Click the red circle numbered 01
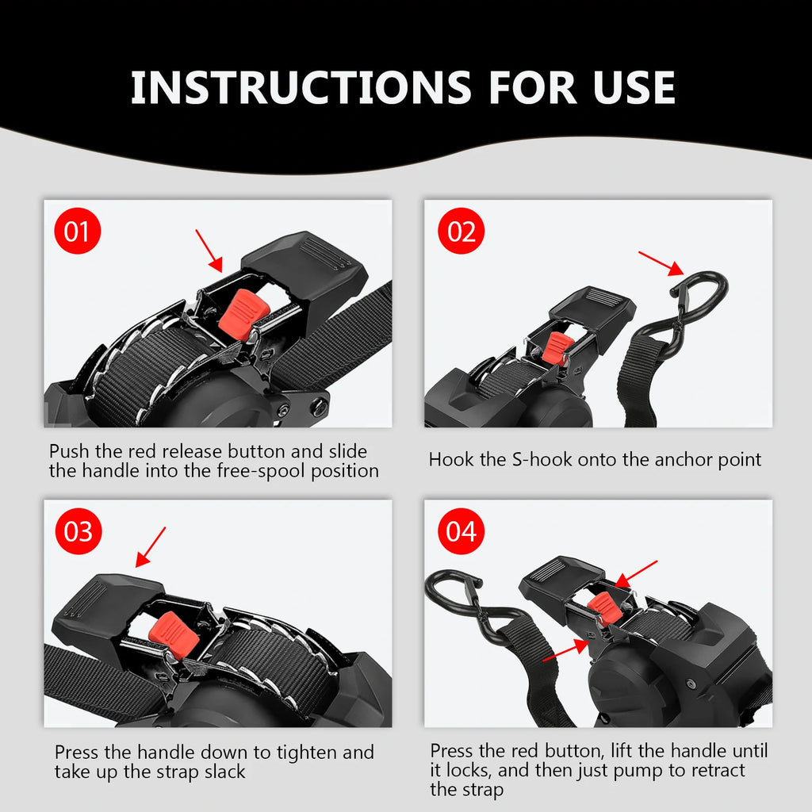(x=77, y=232)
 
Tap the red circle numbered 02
(x=462, y=232)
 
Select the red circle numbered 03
(x=78, y=531)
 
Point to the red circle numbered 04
(x=462, y=531)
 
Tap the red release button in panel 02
(x=557, y=347)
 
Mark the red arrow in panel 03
(x=151, y=547)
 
